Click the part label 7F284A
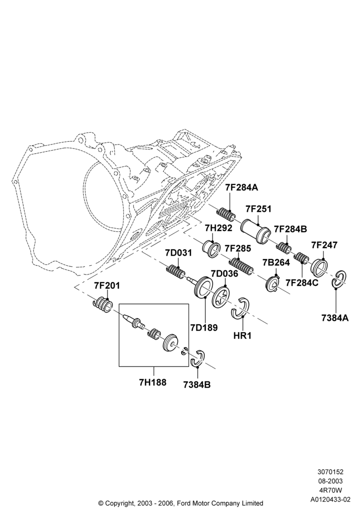(x=242, y=188)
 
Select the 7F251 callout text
(x=259, y=209)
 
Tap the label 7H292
(x=219, y=228)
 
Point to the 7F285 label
(x=238, y=248)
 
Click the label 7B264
(x=276, y=263)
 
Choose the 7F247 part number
(x=324, y=245)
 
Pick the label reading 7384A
(x=335, y=318)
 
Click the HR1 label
(x=242, y=336)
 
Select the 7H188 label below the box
(x=153, y=382)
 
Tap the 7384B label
(x=197, y=384)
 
